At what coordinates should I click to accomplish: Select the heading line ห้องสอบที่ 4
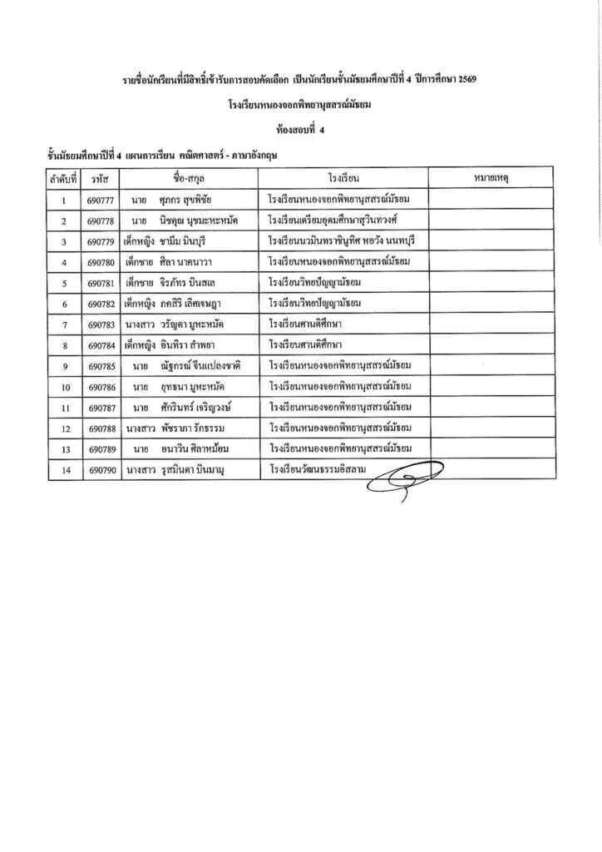click(x=302, y=130)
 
